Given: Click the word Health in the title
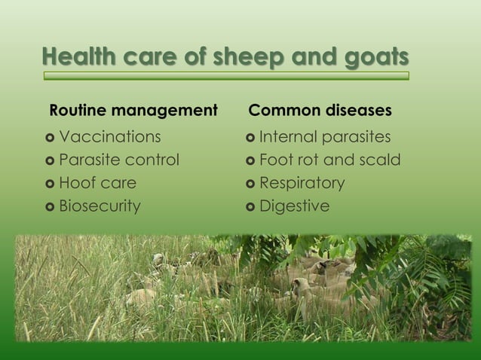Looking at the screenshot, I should click(x=73, y=57).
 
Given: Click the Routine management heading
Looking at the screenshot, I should click(x=133, y=111).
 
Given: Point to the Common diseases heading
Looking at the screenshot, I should click(x=320, y=111).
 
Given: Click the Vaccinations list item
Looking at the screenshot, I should click(x=110, y=137).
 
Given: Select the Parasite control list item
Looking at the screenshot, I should click(x=119, y=160).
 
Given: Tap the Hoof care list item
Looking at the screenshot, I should click(x=98, y=183).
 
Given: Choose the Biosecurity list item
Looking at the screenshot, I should click(x=100, y=206).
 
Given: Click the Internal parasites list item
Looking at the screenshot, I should click(x=325, y=137).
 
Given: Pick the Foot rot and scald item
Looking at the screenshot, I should click(x=329, y=160).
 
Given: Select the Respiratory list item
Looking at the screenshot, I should click(x=302, y=183).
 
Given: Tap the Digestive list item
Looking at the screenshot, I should click(x=294, y=206).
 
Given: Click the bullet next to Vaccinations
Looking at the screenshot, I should click(x=51, y=138).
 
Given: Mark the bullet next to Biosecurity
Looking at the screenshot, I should click(x=51, y=206).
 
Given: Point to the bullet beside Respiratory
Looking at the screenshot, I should click(x=250, y=184).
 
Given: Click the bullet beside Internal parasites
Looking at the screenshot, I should click(x=250, y=138).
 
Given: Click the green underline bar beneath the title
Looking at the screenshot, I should click(x=226, y=76).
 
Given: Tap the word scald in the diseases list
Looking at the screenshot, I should click(x=380, y=160).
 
